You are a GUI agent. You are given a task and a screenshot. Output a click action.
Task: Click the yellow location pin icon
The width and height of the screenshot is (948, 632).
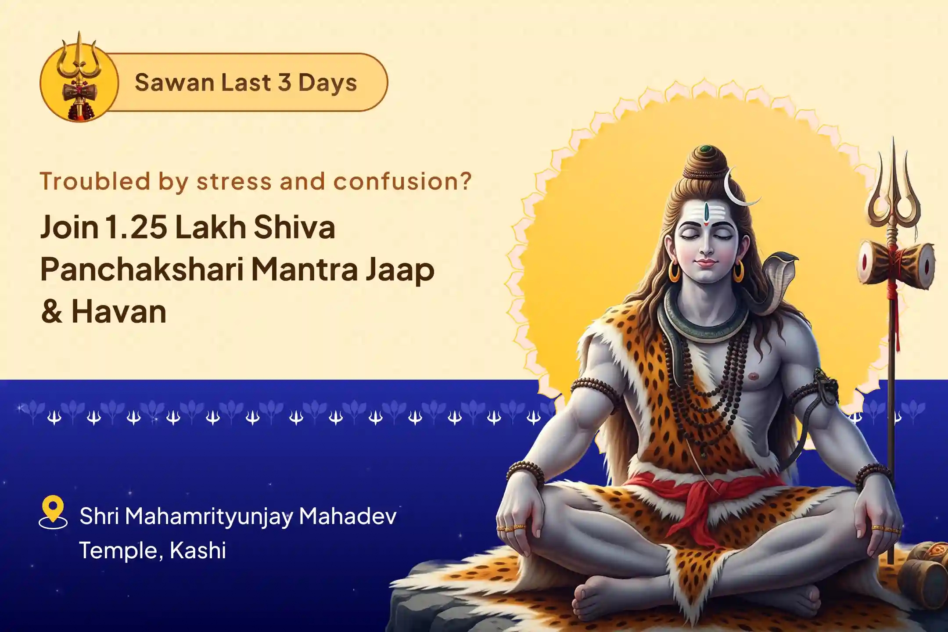(53, 511)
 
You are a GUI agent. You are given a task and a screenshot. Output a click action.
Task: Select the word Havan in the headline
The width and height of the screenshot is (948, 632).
(119, 312)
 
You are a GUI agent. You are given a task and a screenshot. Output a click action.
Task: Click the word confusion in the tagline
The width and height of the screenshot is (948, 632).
(397, 181)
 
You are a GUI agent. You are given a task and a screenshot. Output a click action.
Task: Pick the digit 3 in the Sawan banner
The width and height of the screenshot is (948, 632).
(284, 83)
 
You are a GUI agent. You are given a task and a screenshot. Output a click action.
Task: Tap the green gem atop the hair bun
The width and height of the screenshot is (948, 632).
(705, 149)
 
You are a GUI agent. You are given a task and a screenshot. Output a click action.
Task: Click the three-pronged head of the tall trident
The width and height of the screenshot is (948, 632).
(892, 193)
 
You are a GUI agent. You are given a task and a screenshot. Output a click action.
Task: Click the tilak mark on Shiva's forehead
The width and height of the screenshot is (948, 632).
(706, 214)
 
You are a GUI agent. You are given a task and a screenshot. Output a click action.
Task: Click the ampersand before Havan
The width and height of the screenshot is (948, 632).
(52, 312)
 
